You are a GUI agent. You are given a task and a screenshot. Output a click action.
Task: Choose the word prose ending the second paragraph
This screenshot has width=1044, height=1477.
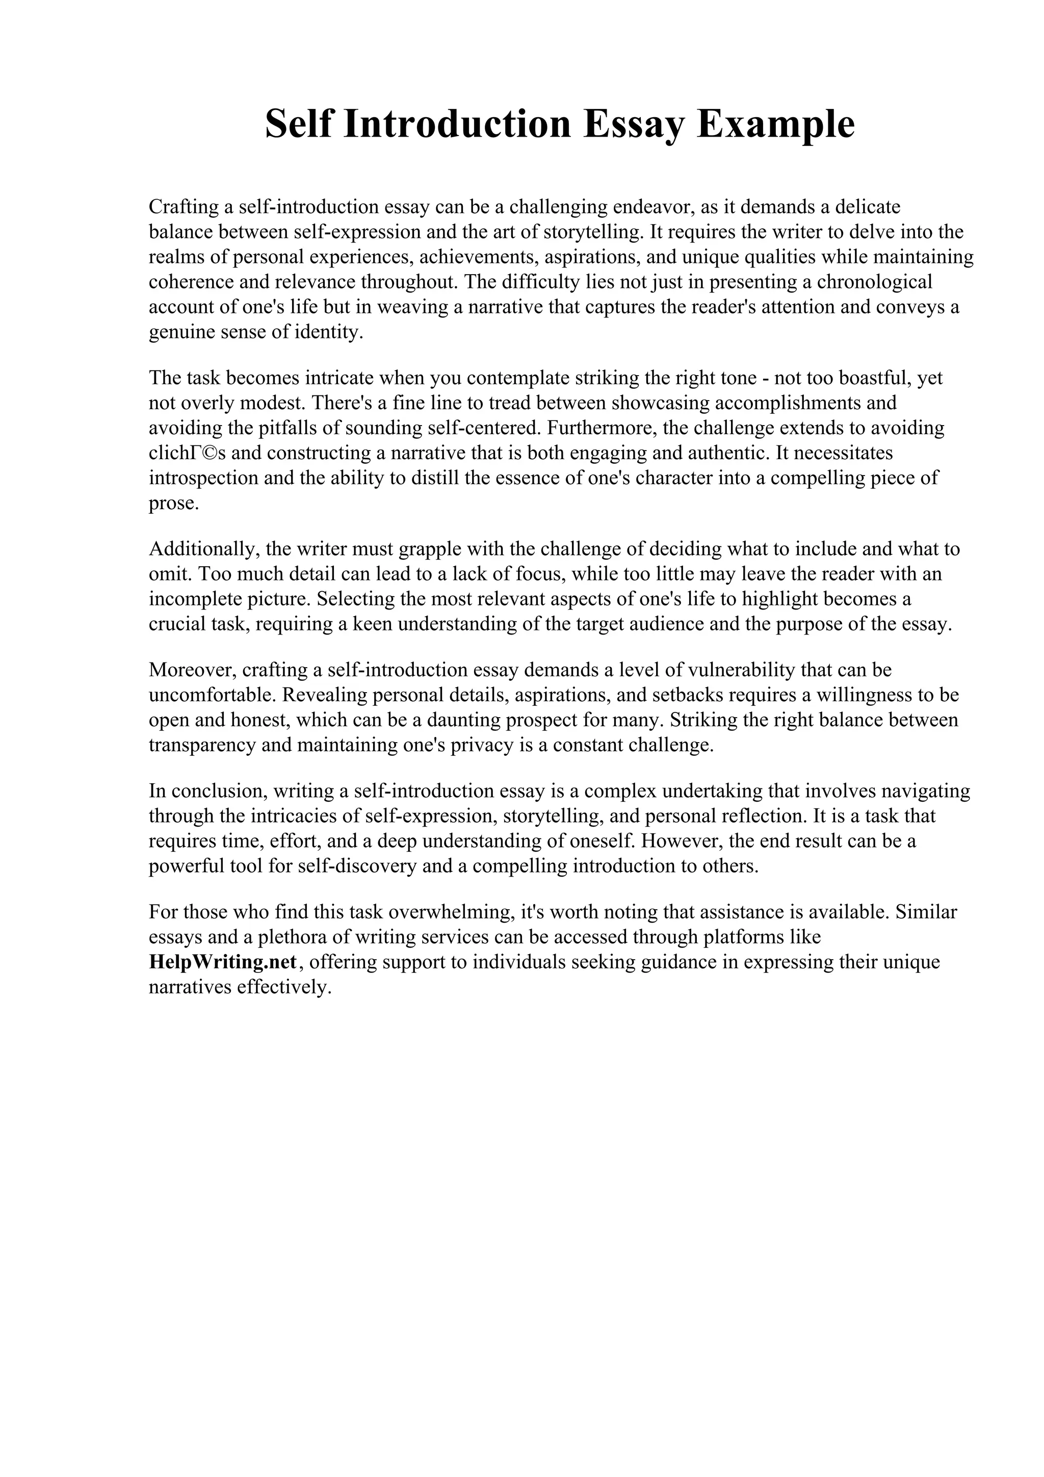coord(172,503)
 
